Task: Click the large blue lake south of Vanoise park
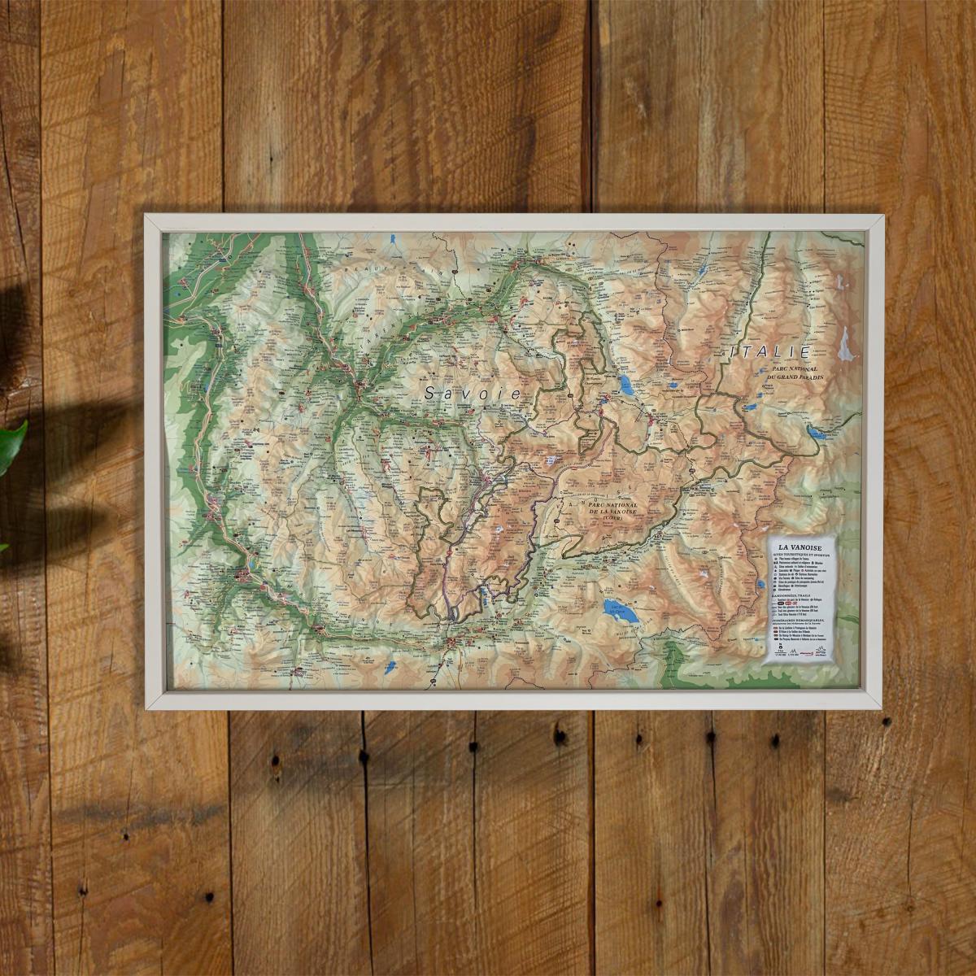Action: click(x=620, y=610)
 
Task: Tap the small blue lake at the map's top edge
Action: click(x=393, y=240)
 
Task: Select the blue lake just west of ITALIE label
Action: click(x=627, y=384)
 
